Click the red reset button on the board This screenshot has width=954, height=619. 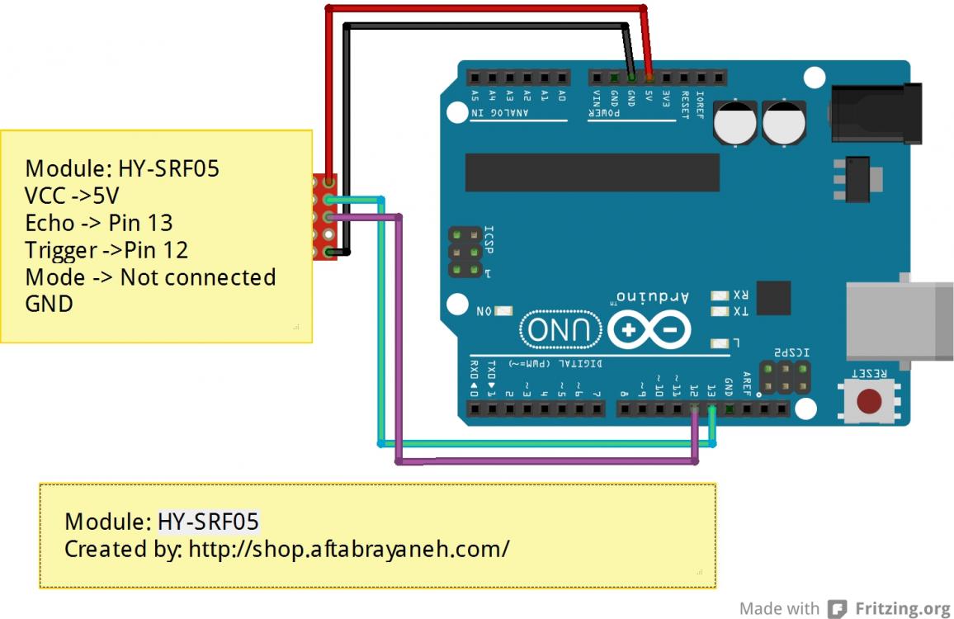click(x=868, y=402)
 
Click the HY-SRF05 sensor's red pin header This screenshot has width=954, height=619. click(x=325, y=216)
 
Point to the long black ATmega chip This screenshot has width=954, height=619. click(x=592, y=172)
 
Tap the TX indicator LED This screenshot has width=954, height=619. click(x=718, y=312)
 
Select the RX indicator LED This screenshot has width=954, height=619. click(x=718, y=295)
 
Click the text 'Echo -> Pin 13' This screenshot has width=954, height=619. click(x=99, y=223)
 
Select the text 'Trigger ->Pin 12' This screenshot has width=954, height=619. click(x=106, y=249)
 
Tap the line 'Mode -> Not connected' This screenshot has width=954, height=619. click(x=150, y=276)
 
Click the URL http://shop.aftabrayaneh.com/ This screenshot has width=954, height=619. click(x=349, y=548)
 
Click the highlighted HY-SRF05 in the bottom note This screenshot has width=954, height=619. click(x=208, y=522)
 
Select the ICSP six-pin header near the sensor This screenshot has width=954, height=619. click(x=465, y=251)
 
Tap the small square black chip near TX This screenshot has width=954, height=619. click(x=773, y=298)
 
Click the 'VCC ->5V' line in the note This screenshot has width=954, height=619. click(x=73, y=196)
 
